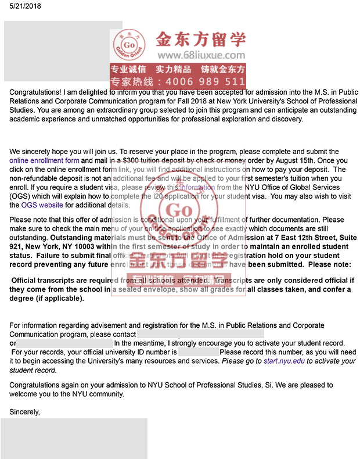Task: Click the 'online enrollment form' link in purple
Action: [x=44, y=160]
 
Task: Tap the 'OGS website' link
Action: [x=42, y=205]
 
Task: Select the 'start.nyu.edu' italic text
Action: [x=284, y=361]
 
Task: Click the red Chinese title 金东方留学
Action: [x=200, y=38]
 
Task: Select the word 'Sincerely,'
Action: [x=25, y=412]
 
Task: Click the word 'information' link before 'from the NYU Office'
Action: [x=197, y=188]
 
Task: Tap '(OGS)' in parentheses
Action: [x=21, y=196]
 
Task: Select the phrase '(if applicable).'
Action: [x=60, y=299]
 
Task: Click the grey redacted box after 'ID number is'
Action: [x=199, y=352]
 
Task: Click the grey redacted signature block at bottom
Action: [x=74, y=439]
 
